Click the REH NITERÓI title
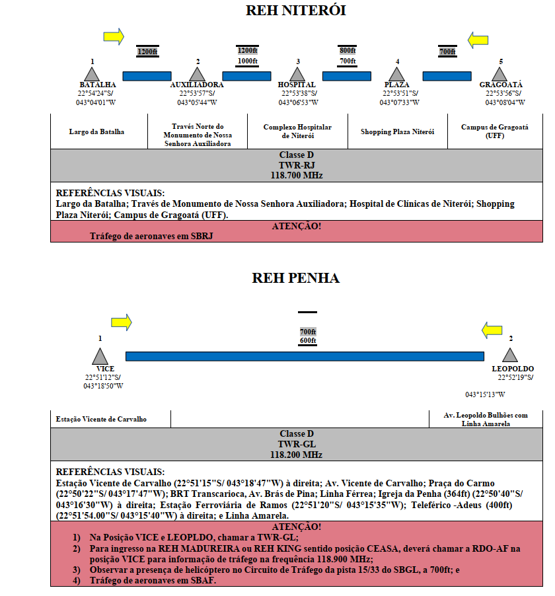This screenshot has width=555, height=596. point(296,11)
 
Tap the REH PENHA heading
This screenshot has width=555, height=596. point(296,278)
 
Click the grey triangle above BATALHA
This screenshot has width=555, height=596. point(92,75)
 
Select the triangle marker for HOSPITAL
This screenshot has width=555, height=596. point(297,75)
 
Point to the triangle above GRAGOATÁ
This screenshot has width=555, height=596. point(499,75)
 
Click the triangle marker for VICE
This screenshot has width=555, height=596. point(100,357)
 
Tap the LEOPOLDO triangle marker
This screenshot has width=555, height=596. point(510,355)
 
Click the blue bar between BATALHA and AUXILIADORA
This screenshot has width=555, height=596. point(147,76)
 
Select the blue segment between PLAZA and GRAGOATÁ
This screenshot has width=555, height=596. point(447,76)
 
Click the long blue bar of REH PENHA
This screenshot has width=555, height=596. point(305,356)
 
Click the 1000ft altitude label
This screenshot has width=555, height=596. point(248,61)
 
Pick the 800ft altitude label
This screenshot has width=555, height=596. point(348,51)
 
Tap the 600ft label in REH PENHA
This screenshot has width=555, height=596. point(308,340)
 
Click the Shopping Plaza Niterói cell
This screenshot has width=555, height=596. point(398,131)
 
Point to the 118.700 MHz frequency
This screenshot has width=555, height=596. point(297,175)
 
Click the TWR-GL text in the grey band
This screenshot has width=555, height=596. point(297,444)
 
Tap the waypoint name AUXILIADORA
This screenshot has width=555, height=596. point(197,85)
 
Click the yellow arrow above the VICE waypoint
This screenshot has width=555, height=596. point(122,322)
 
